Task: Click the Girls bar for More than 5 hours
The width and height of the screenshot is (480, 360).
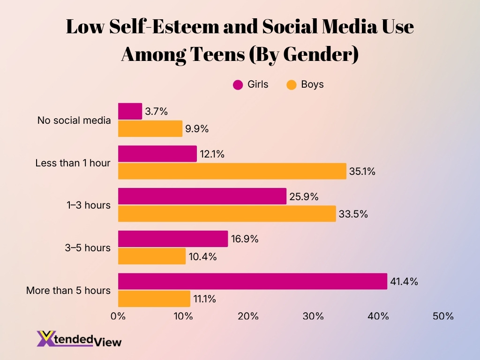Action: [252, 281]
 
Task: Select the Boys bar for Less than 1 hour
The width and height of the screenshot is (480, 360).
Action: [232, 171]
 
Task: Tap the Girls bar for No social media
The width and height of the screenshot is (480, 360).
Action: [130, 111]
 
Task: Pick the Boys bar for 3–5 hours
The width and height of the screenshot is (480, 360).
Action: [151, 256]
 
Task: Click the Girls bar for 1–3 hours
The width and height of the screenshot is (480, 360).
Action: [202, 196]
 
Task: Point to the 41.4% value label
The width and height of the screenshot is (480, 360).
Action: [404, 282]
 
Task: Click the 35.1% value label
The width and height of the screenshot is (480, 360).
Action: [362, 172]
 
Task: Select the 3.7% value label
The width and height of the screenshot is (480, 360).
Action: [156, 112]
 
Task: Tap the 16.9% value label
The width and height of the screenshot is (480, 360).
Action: [244, 239]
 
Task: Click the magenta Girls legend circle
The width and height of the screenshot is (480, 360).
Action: [238, 85]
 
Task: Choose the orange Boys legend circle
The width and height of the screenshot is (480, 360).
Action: [292, 85]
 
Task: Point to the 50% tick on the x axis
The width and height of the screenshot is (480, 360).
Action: [443, 316]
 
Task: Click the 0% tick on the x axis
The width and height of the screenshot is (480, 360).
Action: [118, 316]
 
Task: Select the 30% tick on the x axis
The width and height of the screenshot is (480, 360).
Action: [313, 316]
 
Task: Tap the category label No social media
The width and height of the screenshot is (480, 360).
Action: [74, 120]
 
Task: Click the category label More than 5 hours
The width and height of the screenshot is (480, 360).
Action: [68, 290]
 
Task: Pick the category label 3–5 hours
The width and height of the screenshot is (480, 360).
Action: [88, 247]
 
